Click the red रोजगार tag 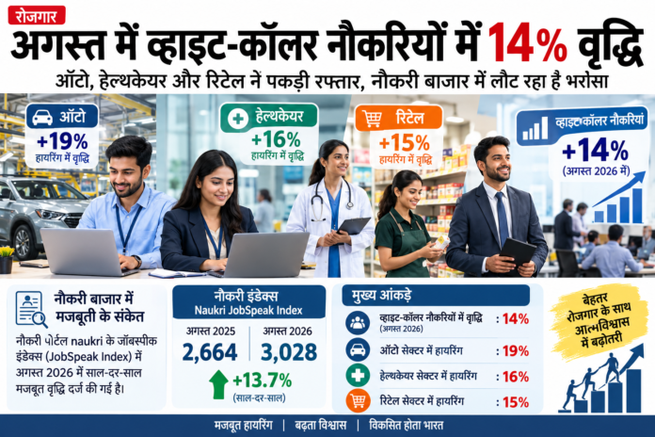(x=37, y=15)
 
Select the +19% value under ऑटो (x=62, y=142)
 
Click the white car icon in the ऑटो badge (x=42, y=118)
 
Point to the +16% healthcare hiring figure (x=276, y=138)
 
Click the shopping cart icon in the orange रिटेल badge (x=372, y=119)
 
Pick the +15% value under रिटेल (x=405, y=143)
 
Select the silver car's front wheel (x=23, y=242)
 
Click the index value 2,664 (x=210, y=352)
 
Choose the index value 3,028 (x=289, y=352)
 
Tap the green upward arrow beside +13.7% (x=218, y=384)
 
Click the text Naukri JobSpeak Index (x=248, y=310)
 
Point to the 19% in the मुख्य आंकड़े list (x=516, y=351)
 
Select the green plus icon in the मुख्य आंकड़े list (x=358, y=375)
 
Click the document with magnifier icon (x=31, y=310)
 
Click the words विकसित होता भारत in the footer (x=406, y=426)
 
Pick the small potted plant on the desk (x=7, y=259)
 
